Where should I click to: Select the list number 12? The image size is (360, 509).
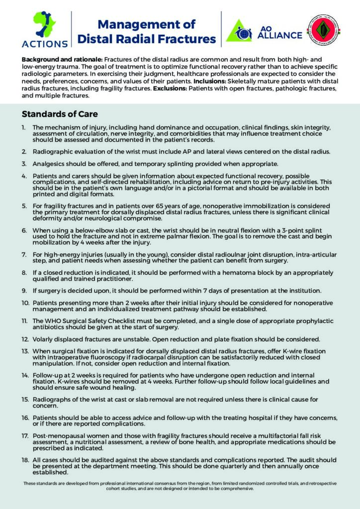pyautogui.click(x=25, y=339)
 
